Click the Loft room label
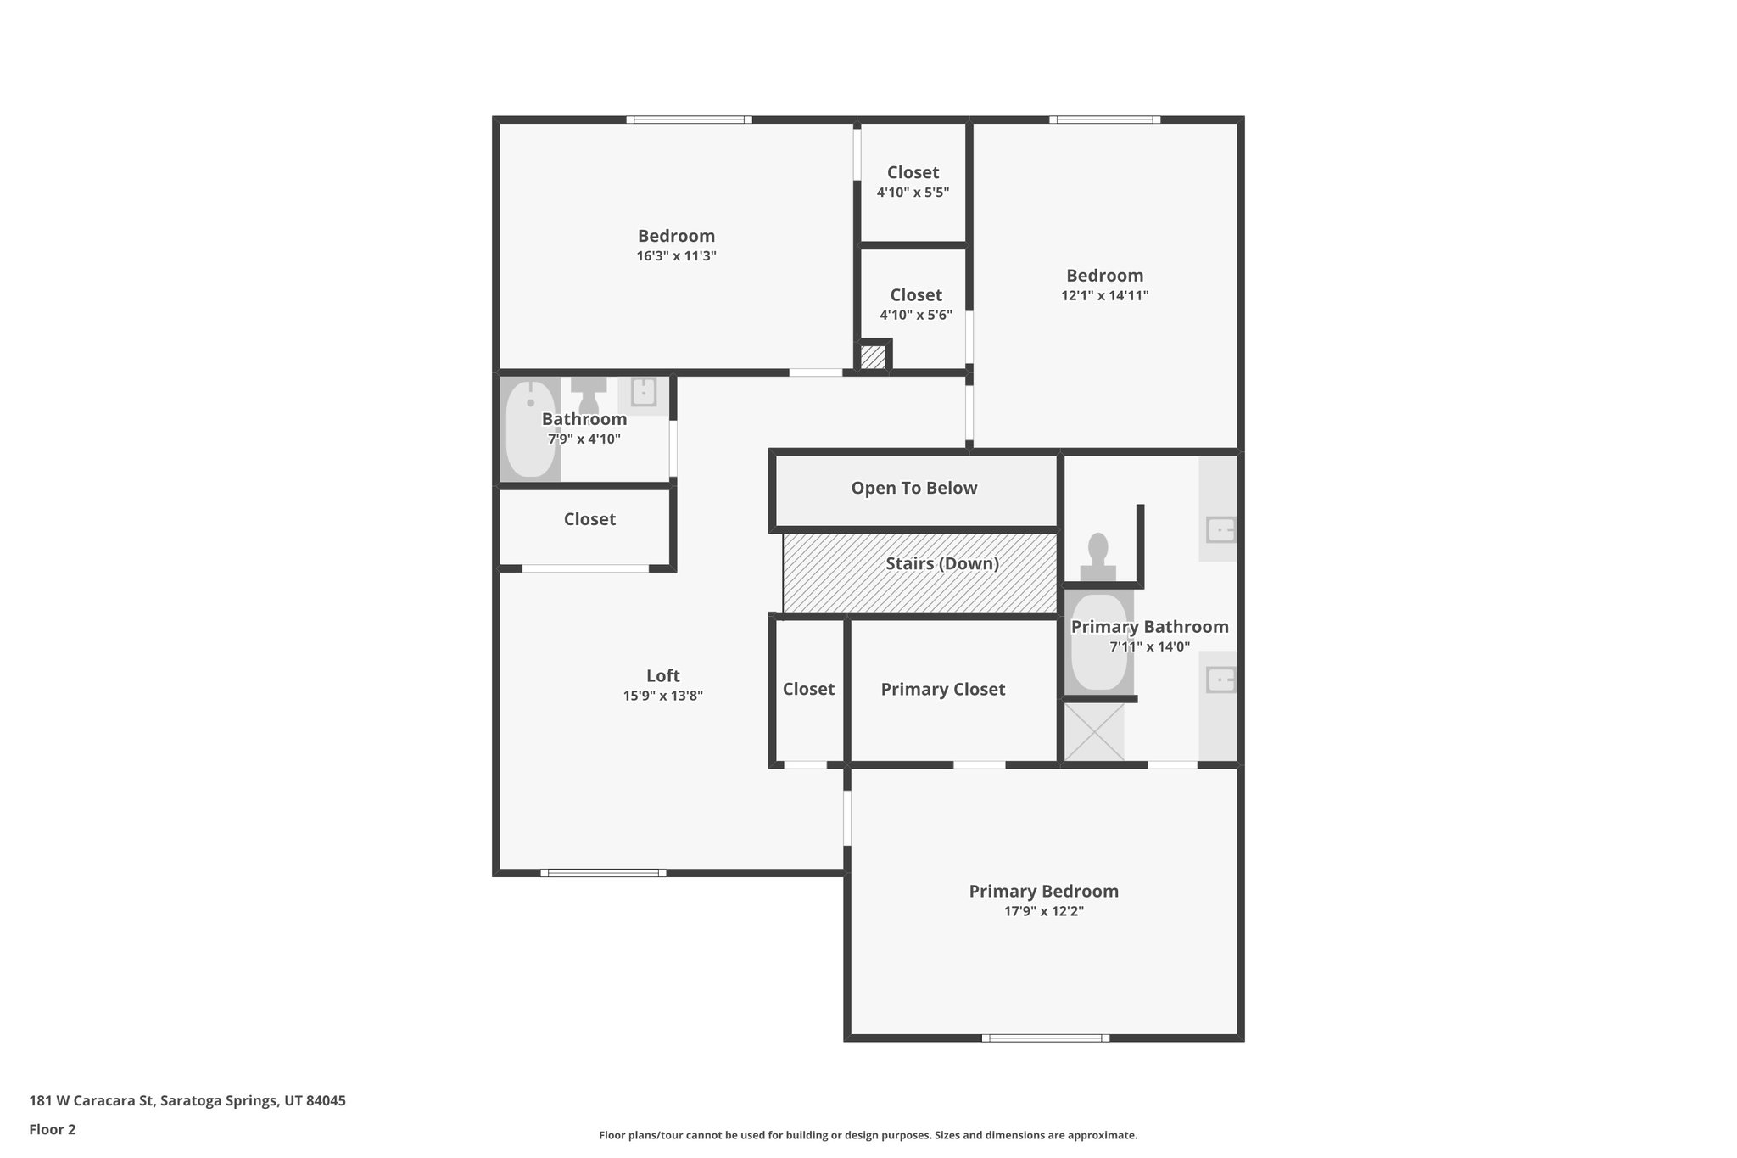click(663, 675)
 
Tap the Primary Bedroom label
click(1043, 892)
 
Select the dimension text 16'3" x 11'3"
click(677, 256)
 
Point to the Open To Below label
click(914, 488)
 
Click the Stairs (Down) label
click(942, 563)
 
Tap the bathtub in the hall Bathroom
click(530, 429)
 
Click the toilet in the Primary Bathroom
click(1098, 557)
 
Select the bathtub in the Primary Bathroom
click(1099, 642)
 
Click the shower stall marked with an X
click(1094, 731)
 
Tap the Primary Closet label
click(943, 690)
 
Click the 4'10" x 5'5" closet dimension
click(913, 193)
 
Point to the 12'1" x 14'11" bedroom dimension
click(1105, 296)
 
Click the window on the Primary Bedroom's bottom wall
click(1046, 1038)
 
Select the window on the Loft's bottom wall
click(603, 872)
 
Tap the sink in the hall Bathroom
click(644, 392)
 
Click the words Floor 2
click(53, 1129)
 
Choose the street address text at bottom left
click(187, 1101)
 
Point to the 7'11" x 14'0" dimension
click(1150, 647)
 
